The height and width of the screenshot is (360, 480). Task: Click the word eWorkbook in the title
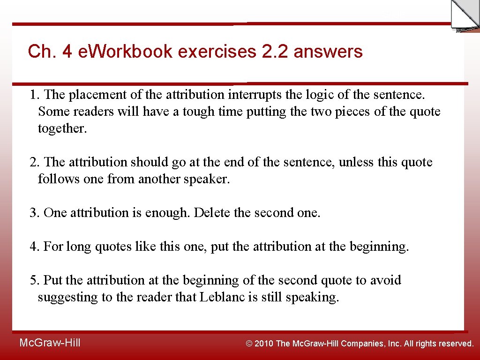(x=124, y=51)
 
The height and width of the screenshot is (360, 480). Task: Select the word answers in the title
(x=328, y=51)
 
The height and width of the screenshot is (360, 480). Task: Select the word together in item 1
(x=62, y=128)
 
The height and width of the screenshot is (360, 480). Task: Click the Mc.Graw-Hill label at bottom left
(x=50, y=343)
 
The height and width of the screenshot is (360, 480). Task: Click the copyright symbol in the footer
(x=249, y=344)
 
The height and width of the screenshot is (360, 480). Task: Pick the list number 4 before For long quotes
(x=34, y=247)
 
